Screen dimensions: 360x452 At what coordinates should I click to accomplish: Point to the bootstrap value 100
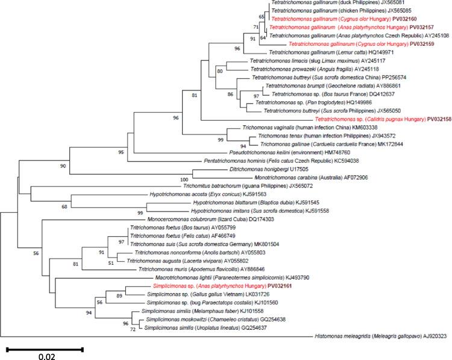(184, 179)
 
